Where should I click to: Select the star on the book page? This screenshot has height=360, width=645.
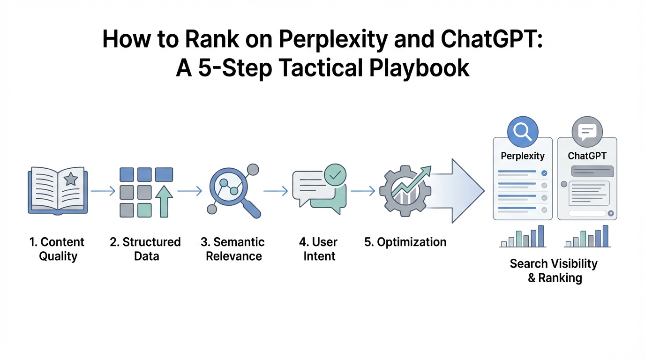[71, 179]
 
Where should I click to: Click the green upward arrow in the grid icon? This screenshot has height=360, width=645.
[164, 201]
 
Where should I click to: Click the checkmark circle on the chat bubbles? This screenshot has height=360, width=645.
[335, 175]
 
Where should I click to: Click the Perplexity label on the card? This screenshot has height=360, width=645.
[523, 156]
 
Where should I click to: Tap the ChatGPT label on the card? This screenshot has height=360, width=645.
[587, 156]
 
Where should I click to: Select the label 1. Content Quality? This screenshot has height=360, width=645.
[57, 249]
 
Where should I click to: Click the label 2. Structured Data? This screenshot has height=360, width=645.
[145, 249]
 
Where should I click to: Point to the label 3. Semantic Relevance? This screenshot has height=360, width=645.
[233, 249]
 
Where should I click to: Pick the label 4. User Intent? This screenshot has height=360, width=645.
[319, 249]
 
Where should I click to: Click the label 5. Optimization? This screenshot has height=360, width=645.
[405, 242]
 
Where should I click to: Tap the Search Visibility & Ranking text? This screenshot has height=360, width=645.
[554, 270]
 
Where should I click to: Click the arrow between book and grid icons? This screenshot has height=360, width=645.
[103, 191]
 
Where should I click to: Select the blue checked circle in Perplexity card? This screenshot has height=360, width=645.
[544, 173]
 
